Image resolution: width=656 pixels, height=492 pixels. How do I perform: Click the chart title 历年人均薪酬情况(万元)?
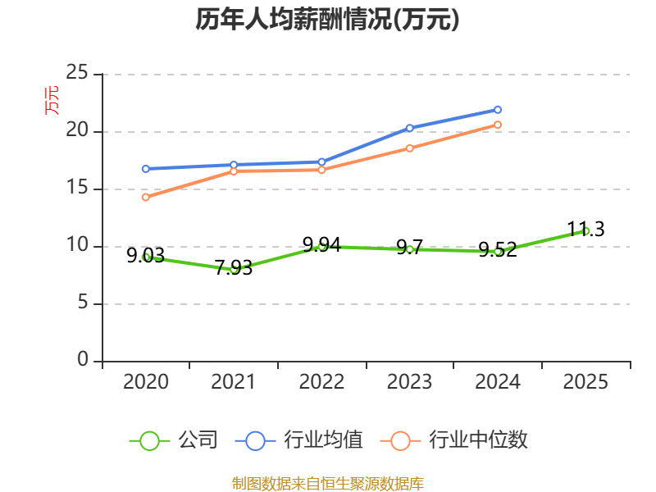(x=327, y=20)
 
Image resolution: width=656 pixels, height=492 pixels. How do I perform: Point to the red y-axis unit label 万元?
(x=52, y=100)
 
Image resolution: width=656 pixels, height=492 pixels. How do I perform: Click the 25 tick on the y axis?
(x=77, y=72)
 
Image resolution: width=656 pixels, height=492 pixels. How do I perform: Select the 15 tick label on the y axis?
(x=77, y=187)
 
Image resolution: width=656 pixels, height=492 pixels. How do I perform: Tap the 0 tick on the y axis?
(x=83, y=359)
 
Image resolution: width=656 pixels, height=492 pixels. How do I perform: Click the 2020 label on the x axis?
(x=146, y=381)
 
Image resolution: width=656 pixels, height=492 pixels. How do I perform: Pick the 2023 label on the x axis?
(x=409, y=381)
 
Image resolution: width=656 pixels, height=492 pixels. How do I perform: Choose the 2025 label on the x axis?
(x=585, y=381)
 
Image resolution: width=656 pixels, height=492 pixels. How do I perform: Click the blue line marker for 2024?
(x=498, y=110)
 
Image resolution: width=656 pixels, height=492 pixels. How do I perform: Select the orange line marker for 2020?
(x=146, y=197)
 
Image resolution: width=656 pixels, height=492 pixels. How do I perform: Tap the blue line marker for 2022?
(x=321, y=162)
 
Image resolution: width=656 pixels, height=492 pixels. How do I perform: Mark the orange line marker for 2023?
(x=409, y=148)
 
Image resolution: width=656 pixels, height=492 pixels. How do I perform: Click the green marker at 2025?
(x=585, y=231)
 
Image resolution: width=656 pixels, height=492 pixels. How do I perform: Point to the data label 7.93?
(x=234, y=268)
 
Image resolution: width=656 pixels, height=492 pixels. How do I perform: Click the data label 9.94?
(x=321, y=244)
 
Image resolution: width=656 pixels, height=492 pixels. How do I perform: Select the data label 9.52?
(x=498, y=250)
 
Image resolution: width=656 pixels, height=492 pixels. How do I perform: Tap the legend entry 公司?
(x=174, y=440)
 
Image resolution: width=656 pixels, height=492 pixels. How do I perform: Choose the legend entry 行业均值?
(x=299, y=440)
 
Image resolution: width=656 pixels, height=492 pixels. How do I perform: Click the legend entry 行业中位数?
(x=454, y=440)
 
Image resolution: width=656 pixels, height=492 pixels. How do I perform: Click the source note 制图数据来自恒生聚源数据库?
(x=327, y=484)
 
